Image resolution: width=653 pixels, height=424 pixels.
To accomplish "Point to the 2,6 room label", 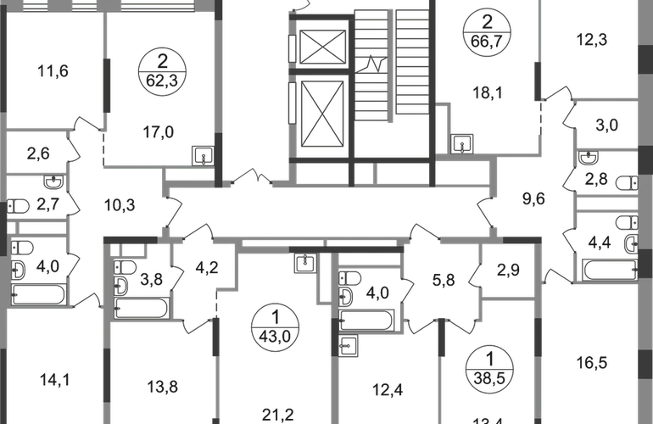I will pos(38,154).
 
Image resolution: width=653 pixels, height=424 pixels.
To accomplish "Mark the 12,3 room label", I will pos(604,40).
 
